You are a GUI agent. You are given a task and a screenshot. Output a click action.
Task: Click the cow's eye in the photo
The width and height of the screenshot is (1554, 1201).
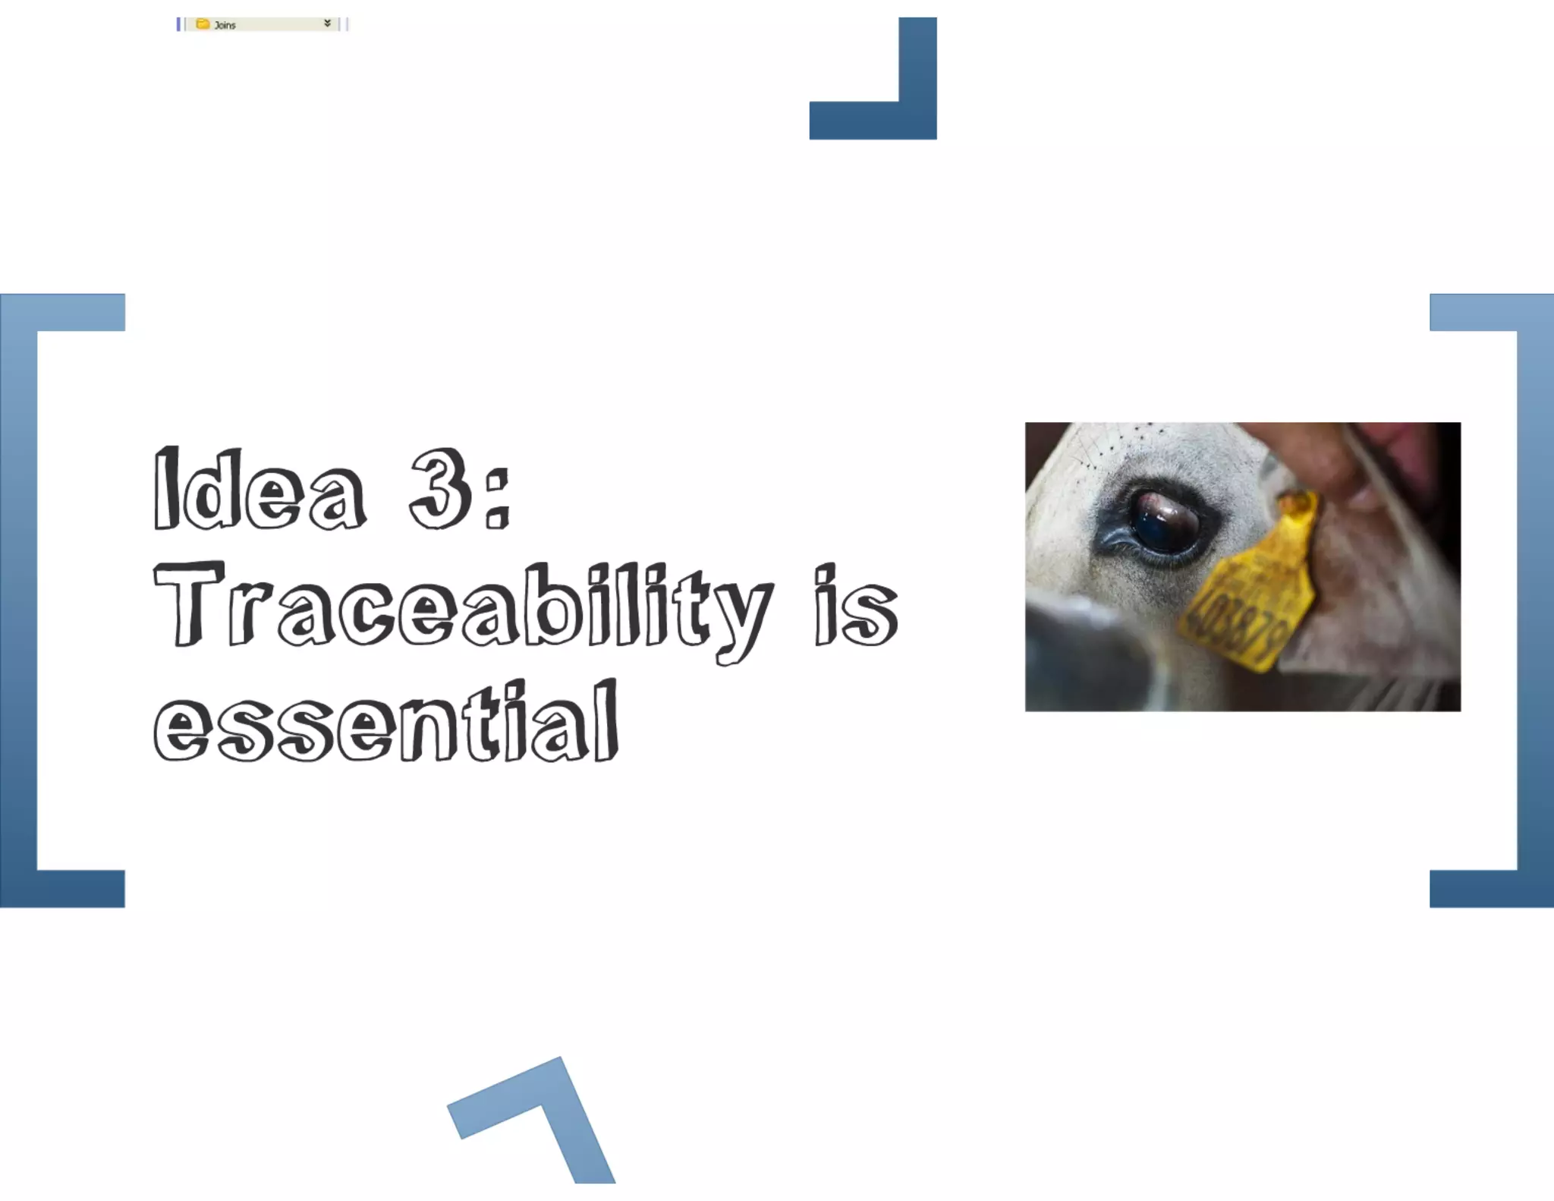[x=1164, y=522]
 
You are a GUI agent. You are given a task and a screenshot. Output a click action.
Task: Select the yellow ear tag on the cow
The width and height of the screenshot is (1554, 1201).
[x=1252, y=592]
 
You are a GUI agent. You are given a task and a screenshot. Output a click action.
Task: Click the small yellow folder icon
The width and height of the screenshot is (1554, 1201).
[x=203, y=24]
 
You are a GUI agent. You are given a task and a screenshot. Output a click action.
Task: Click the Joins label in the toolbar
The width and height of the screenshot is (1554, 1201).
[x=225, y=25]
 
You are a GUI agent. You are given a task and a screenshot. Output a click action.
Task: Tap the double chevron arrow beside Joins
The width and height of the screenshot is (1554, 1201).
[x=327, y=24]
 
